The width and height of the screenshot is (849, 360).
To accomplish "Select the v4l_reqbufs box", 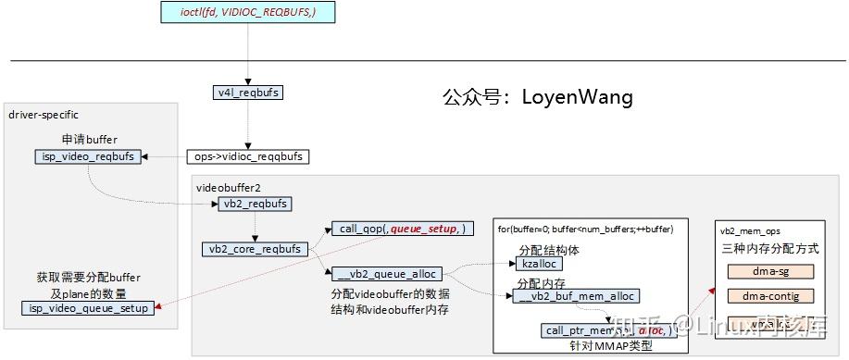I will point(248,93).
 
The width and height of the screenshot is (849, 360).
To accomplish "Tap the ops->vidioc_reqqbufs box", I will point(247,156).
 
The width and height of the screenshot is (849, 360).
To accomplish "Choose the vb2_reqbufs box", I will point(256,204).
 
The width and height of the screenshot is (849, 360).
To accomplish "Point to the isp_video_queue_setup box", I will point(89,308).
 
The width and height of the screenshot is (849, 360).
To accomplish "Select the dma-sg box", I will point(769,271).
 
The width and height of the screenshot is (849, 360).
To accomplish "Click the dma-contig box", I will point(769,296).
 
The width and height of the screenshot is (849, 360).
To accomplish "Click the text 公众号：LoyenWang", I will point(537,96).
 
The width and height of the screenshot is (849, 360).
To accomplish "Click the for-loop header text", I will point(585,229).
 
